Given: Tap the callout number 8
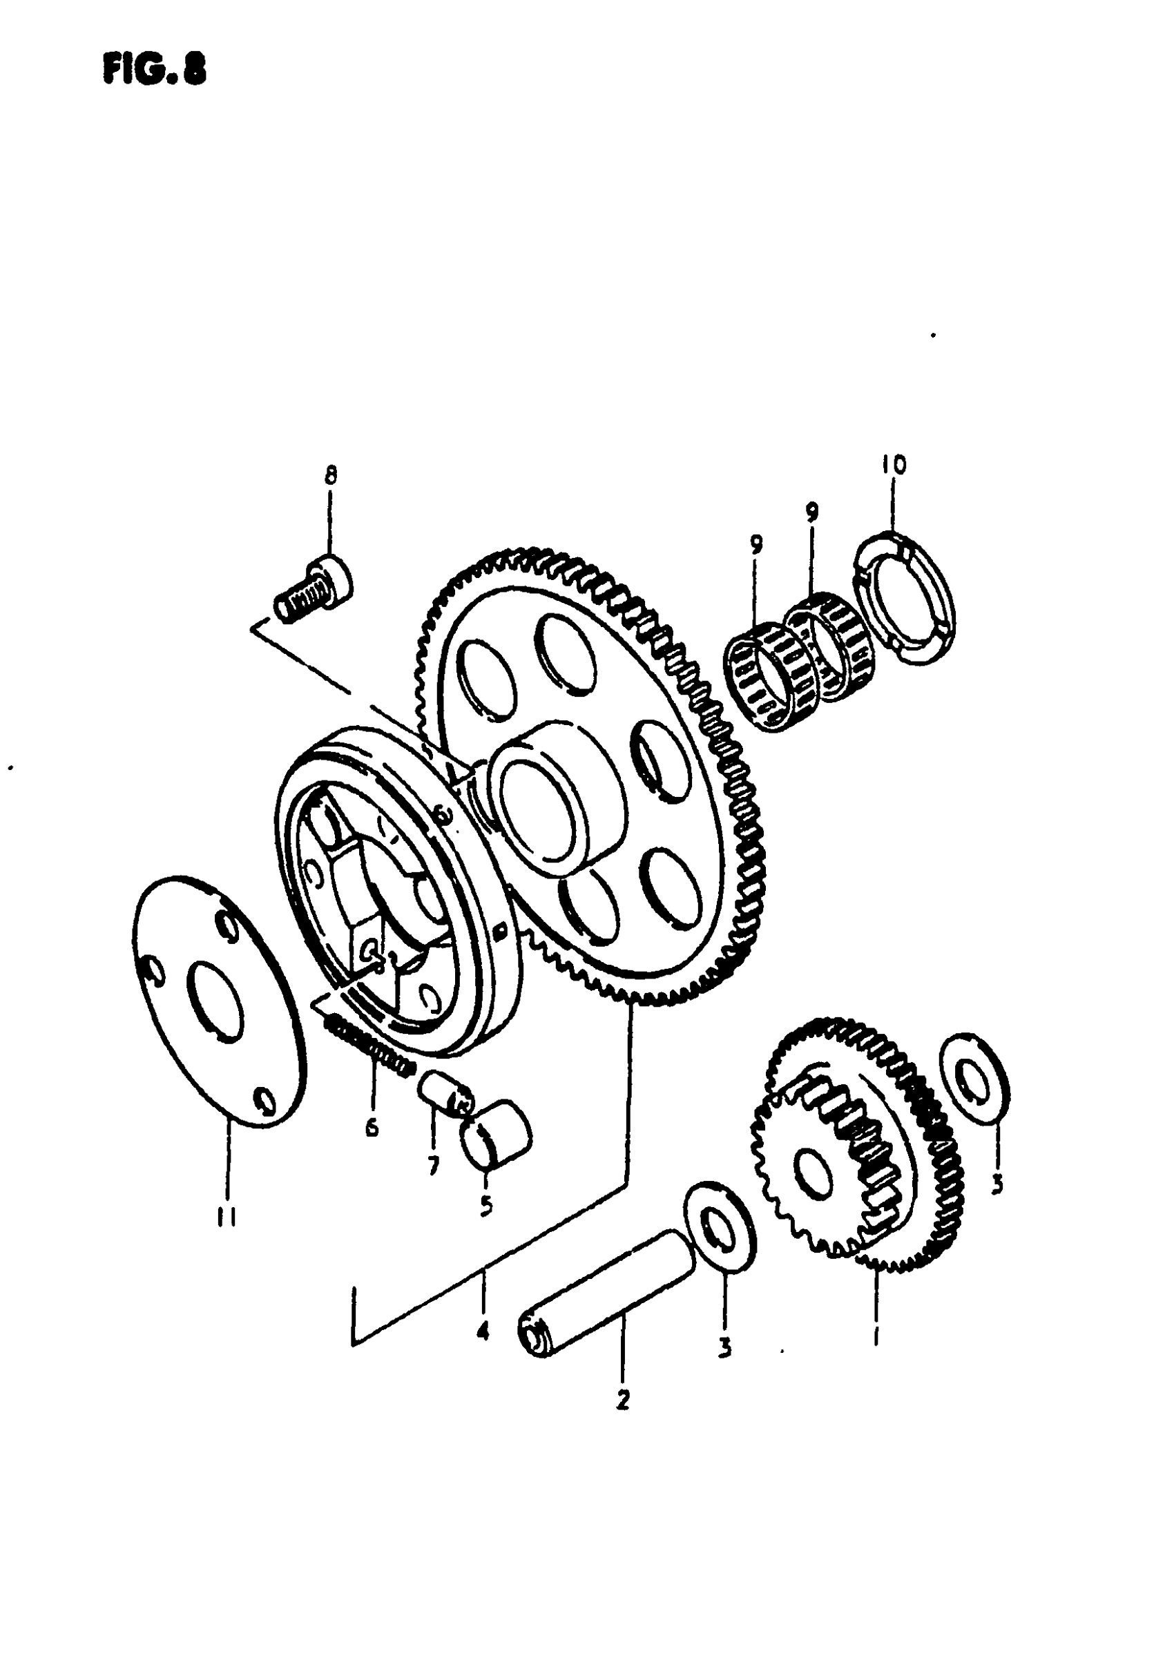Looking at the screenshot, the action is [x=330, y=477].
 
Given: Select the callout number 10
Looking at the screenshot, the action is [x=894, y=465].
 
